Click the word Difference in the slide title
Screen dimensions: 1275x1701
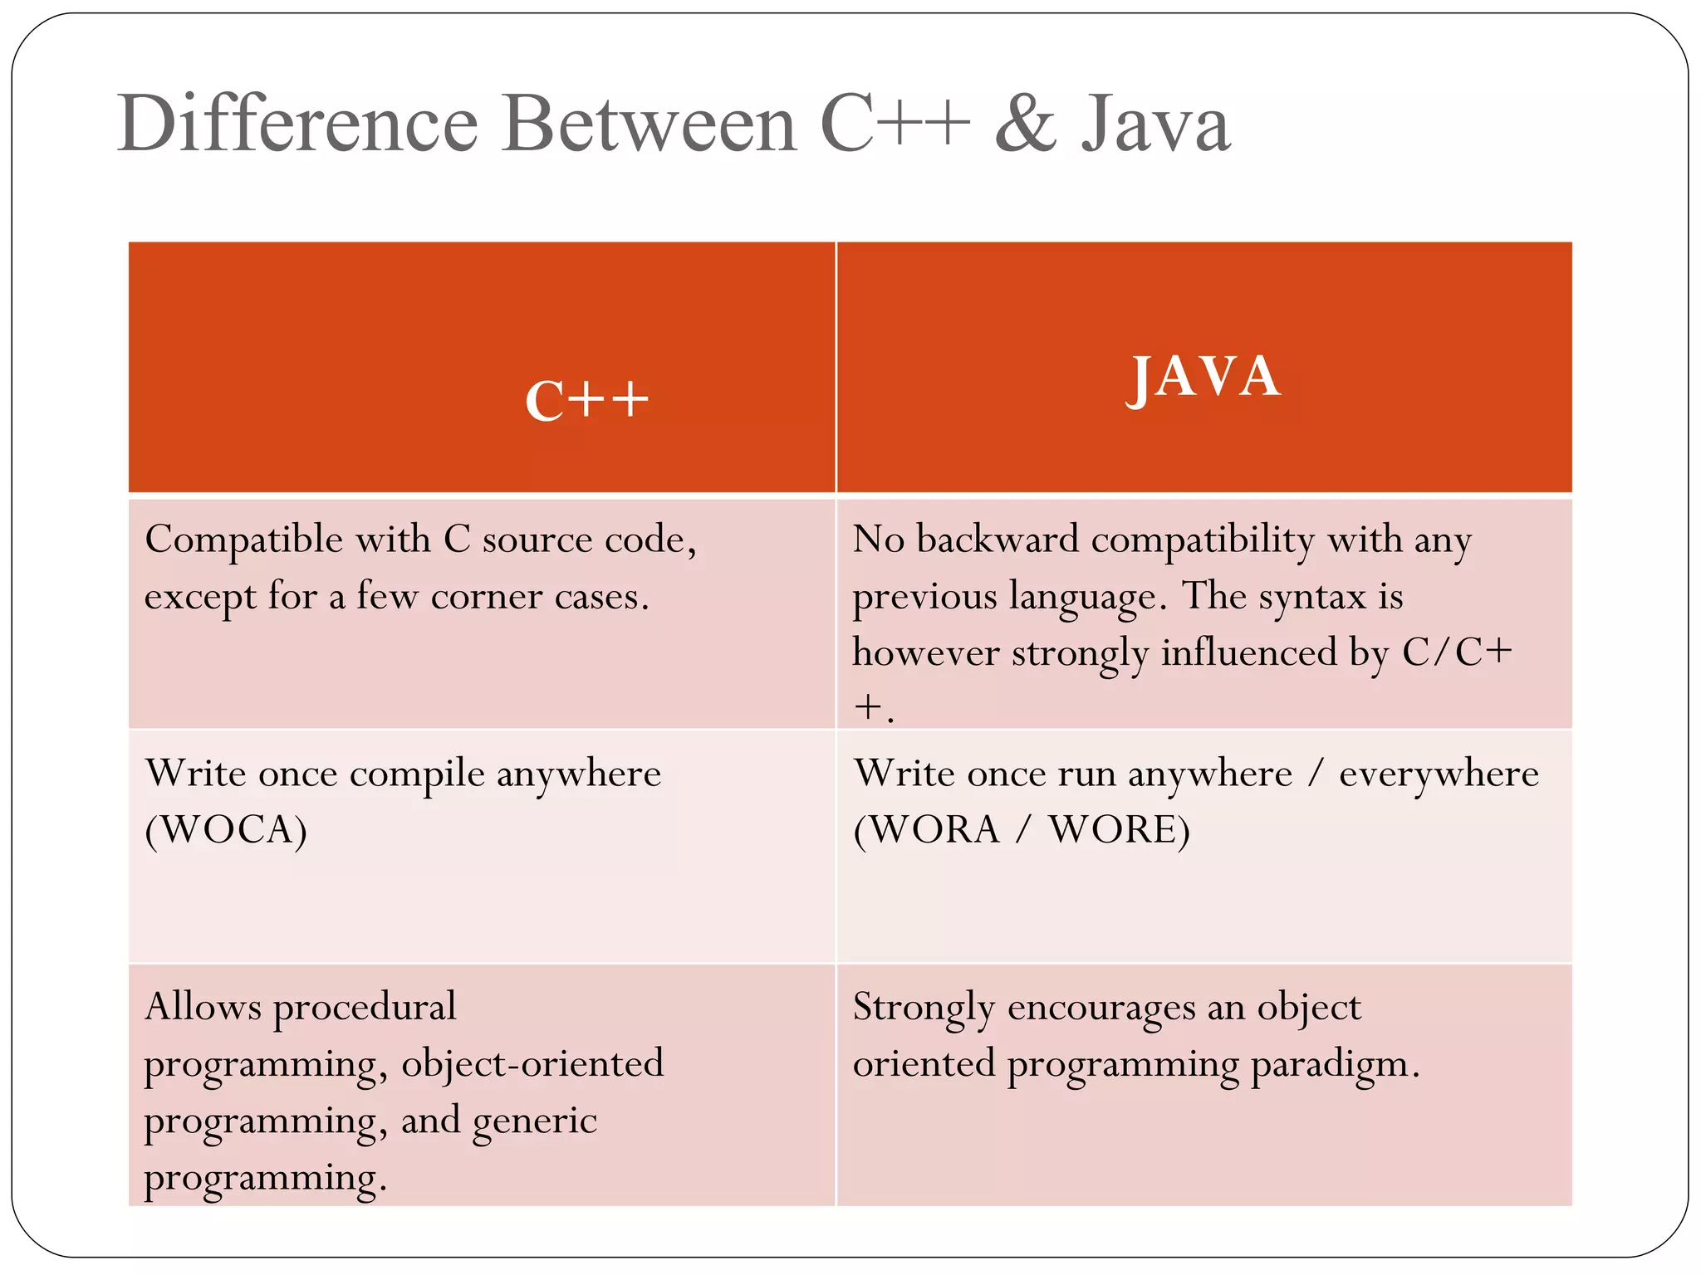point(297,125)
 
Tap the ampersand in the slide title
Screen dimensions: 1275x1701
point(1026,125)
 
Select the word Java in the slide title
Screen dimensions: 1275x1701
point(1155,125)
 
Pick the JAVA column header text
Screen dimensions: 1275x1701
point(1203,377)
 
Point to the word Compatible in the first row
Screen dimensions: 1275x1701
point(243,540)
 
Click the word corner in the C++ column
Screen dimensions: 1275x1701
point(486,597)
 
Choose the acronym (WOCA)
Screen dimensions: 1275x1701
point(226,830)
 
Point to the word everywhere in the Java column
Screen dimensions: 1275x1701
point(1439,774)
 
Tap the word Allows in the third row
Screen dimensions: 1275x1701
point(203,1007)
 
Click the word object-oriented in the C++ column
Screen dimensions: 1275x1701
point(532,1064)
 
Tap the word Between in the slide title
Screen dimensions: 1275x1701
point(650,125)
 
